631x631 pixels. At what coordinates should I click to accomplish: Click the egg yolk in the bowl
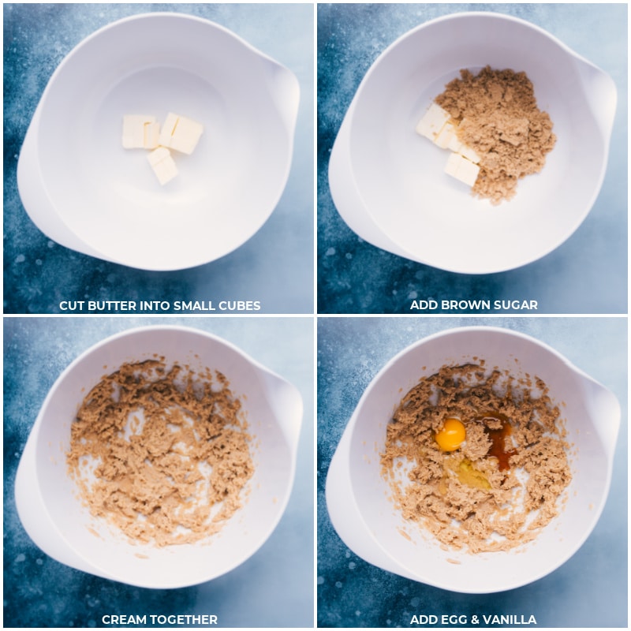click(x=450, y=435)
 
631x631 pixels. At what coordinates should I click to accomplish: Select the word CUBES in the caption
click(x=240, y=306)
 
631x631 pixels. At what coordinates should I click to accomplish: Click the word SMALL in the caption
click(x=195, y=306)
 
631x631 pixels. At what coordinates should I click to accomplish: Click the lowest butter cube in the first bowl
click(x=162, y=166)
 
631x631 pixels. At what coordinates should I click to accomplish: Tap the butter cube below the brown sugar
click(x=462, y=170)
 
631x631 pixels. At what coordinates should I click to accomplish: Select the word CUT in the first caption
click(x=72, y=306)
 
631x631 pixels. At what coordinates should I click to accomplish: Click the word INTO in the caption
click(x=155, y=306)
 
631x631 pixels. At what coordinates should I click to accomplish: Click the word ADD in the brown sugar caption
click(x=423, y=305)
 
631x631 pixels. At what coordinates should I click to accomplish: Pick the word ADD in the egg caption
click(x=424, y=619)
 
